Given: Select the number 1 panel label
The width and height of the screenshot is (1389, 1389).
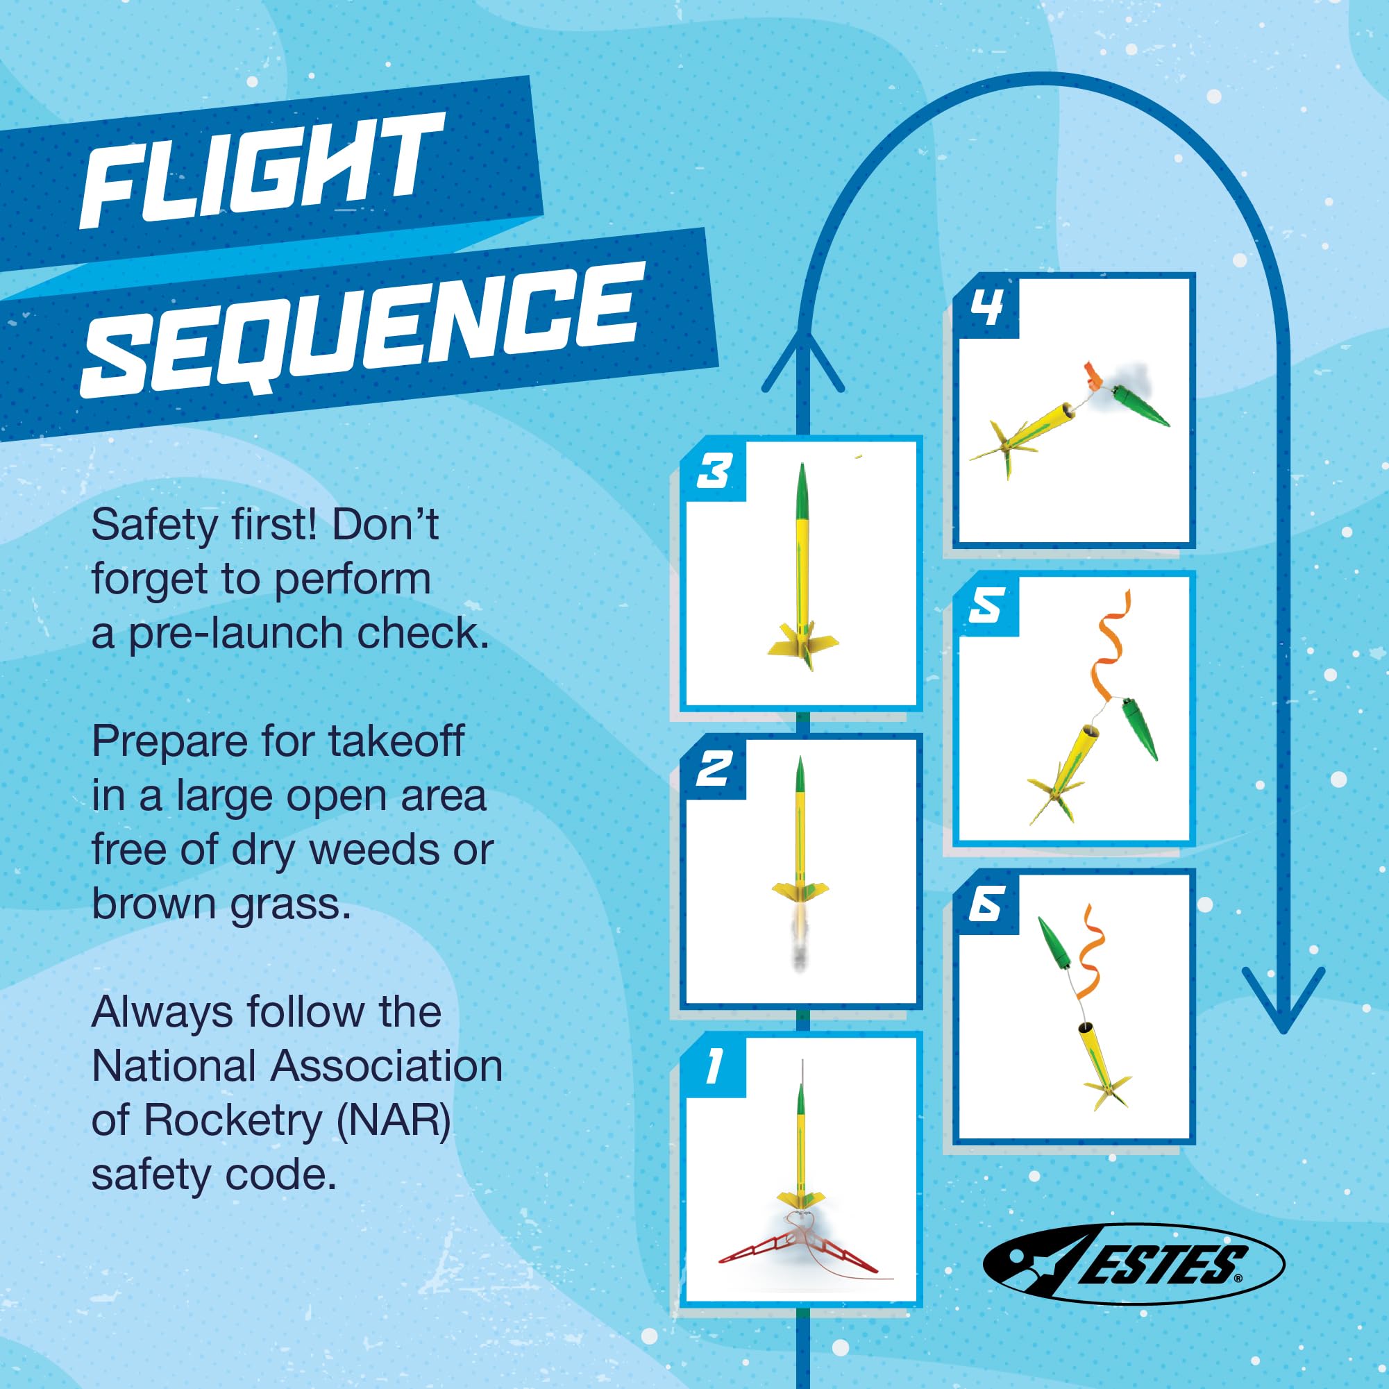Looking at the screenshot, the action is click(712, 1068).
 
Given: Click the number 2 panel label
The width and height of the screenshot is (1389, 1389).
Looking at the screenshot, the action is click(714, 770).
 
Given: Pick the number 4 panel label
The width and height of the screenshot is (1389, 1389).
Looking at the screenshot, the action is click(986, 310).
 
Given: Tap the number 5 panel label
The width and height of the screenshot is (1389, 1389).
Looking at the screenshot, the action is click(986, 608).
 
